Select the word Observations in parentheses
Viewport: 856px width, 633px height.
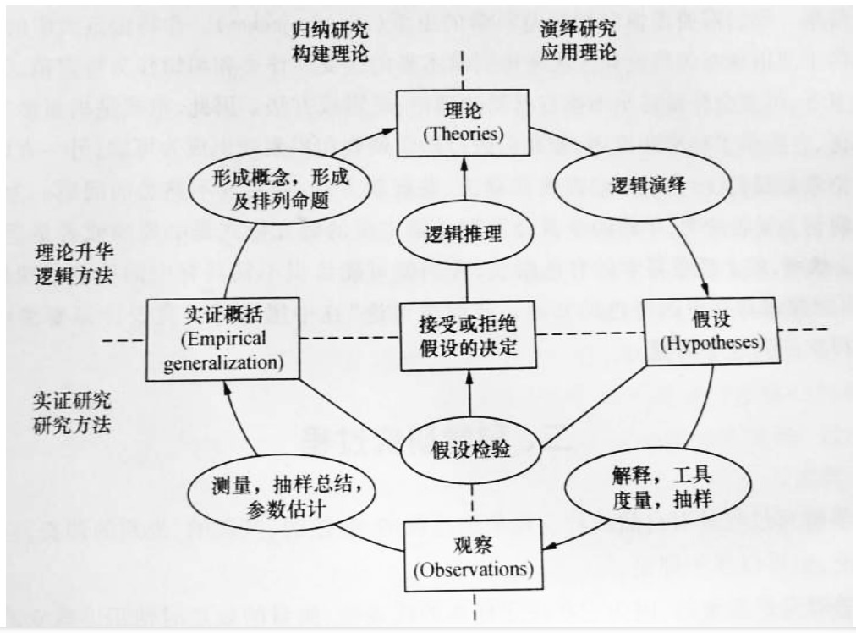tap(473, 569)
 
